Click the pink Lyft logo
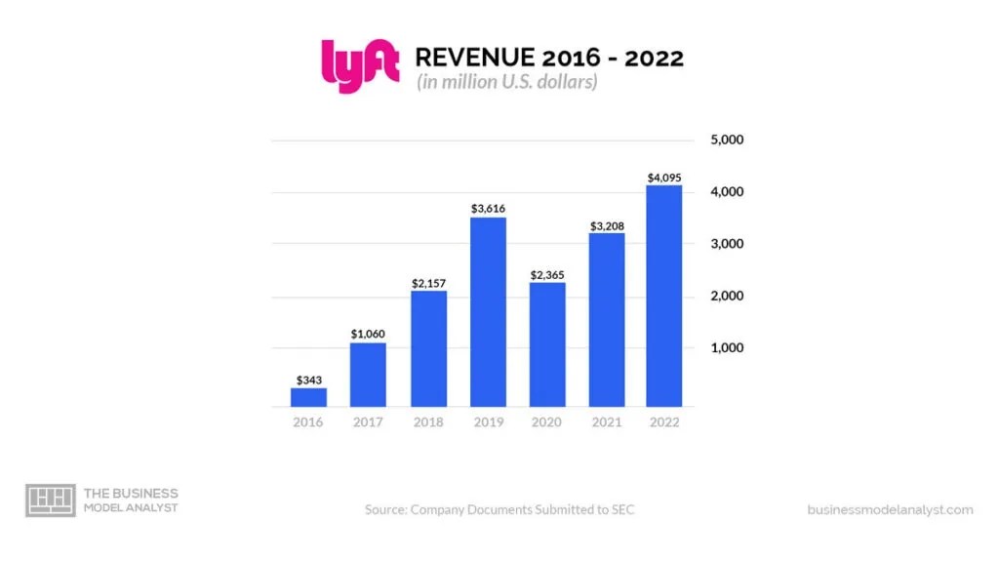coord(359,66)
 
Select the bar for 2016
coord(308,396)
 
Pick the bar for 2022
coord(663,296)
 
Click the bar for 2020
coord(547,343)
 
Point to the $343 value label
coord(308,379)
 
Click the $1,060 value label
coord(368,334)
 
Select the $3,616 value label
coord(488,208)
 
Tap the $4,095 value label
coord(663,177)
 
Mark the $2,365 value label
coord(547,274)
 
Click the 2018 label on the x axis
coord(427,422)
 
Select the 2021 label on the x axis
coord(607,422)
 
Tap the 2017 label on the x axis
coord(368,422)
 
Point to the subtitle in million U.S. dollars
coord(506,83)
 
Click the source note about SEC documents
coord(499,509)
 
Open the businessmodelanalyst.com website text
coord(890,509)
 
